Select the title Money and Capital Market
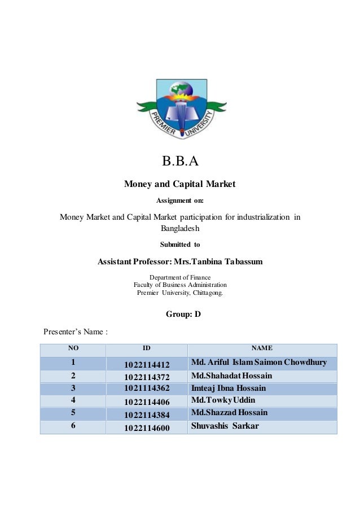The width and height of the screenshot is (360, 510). [x=179, y=184]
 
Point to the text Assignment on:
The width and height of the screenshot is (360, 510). [x=179, y=200]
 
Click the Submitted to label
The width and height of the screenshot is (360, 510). [x=180, y=245]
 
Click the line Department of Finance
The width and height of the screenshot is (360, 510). [x=179, y=277]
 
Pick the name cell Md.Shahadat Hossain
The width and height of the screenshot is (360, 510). [x=232, y=375]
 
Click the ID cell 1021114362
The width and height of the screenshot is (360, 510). [x=147, y=388]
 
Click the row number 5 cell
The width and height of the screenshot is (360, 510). [x=72, y=413]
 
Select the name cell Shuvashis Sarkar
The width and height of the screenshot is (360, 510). [x=225, y=426]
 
